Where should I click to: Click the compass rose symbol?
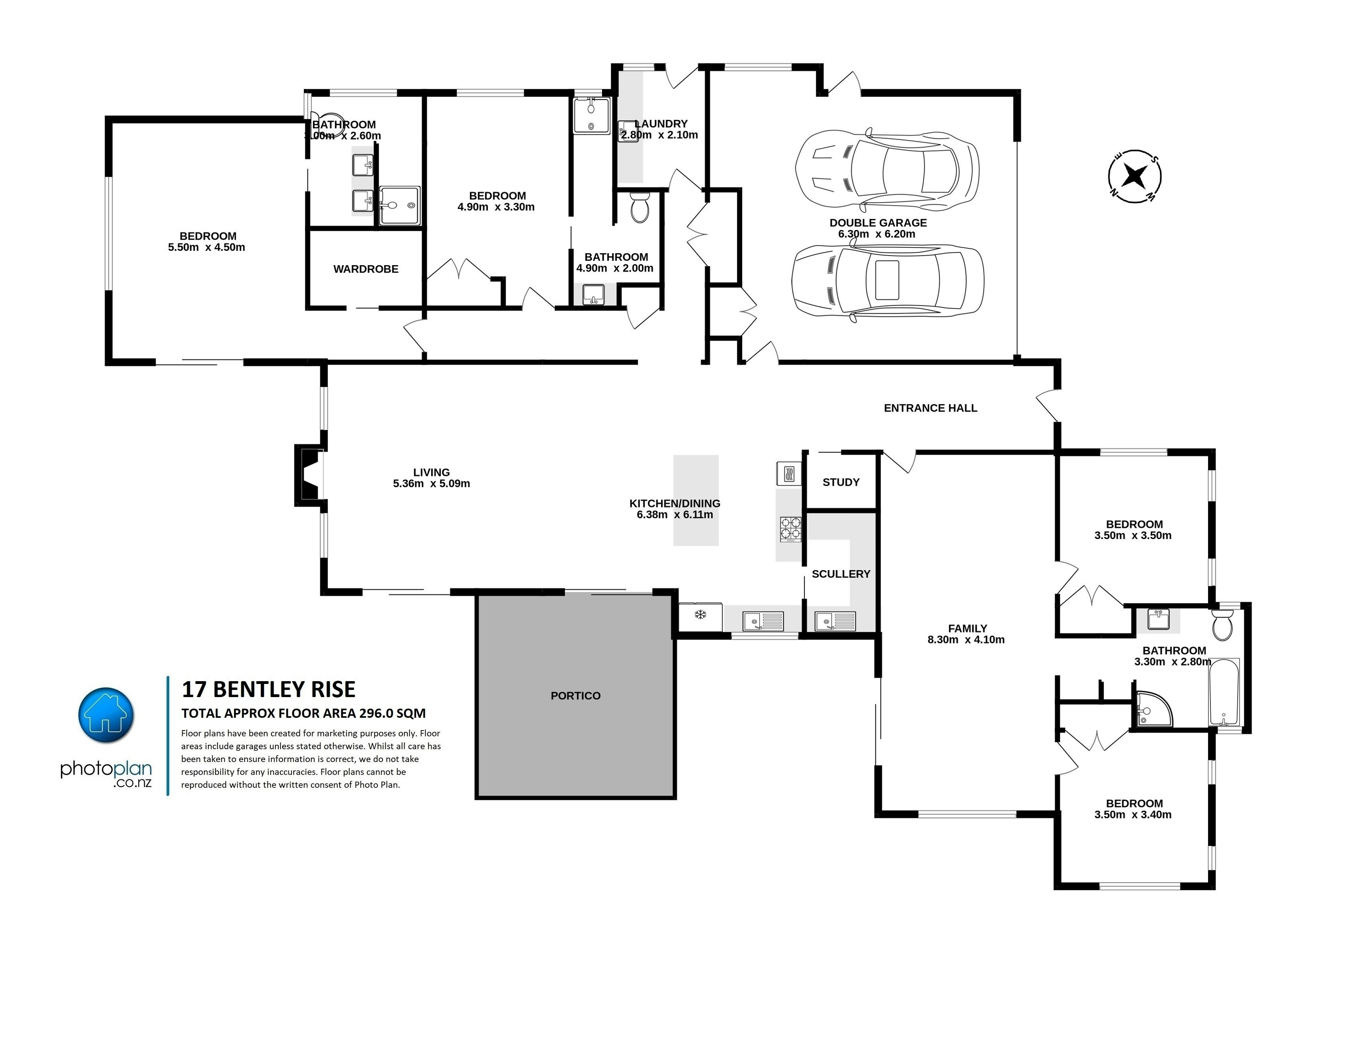(x=1134, y=176)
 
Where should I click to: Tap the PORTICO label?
(x=575, y=696)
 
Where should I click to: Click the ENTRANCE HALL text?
(x=930, y=408)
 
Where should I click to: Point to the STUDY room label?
(x=841, y=482)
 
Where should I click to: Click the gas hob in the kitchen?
(x=790, y=529)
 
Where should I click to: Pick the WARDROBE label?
(x=366, y=269)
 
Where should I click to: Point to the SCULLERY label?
(x=841, y=574)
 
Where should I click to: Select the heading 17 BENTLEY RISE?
(x=268, y=690)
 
